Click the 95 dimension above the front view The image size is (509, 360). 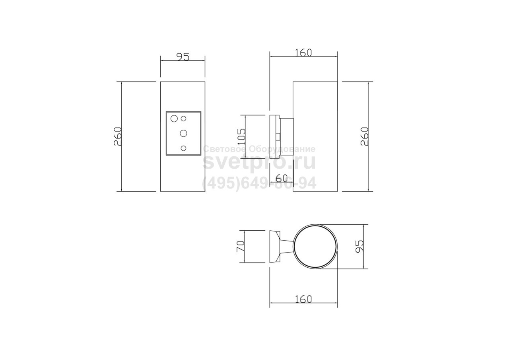pos(183,57)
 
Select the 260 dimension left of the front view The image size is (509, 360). pos(118,136)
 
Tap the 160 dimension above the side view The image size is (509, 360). pos(303,53)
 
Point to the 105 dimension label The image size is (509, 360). pos(241,137)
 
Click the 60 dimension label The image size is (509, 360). pos(282,179)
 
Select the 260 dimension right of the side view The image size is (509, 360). pos(365,136)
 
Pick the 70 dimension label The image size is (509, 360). pos(241,246)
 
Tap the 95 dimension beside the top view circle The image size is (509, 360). pos(359,246)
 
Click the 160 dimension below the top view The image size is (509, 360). pos(303,299)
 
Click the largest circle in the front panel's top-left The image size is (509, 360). pos(174,119)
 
